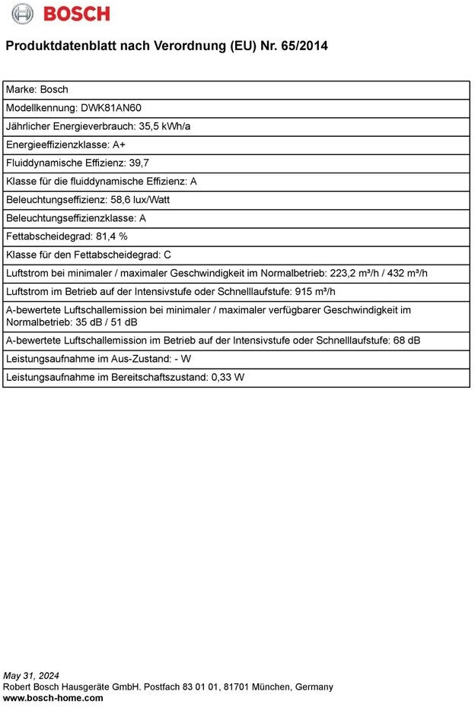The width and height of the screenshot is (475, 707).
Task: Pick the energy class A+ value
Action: (x=119, y=144)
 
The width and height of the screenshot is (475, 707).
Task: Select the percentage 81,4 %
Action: (x=112, y=236)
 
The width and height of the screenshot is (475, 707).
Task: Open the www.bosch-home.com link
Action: (x=53, y=698)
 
